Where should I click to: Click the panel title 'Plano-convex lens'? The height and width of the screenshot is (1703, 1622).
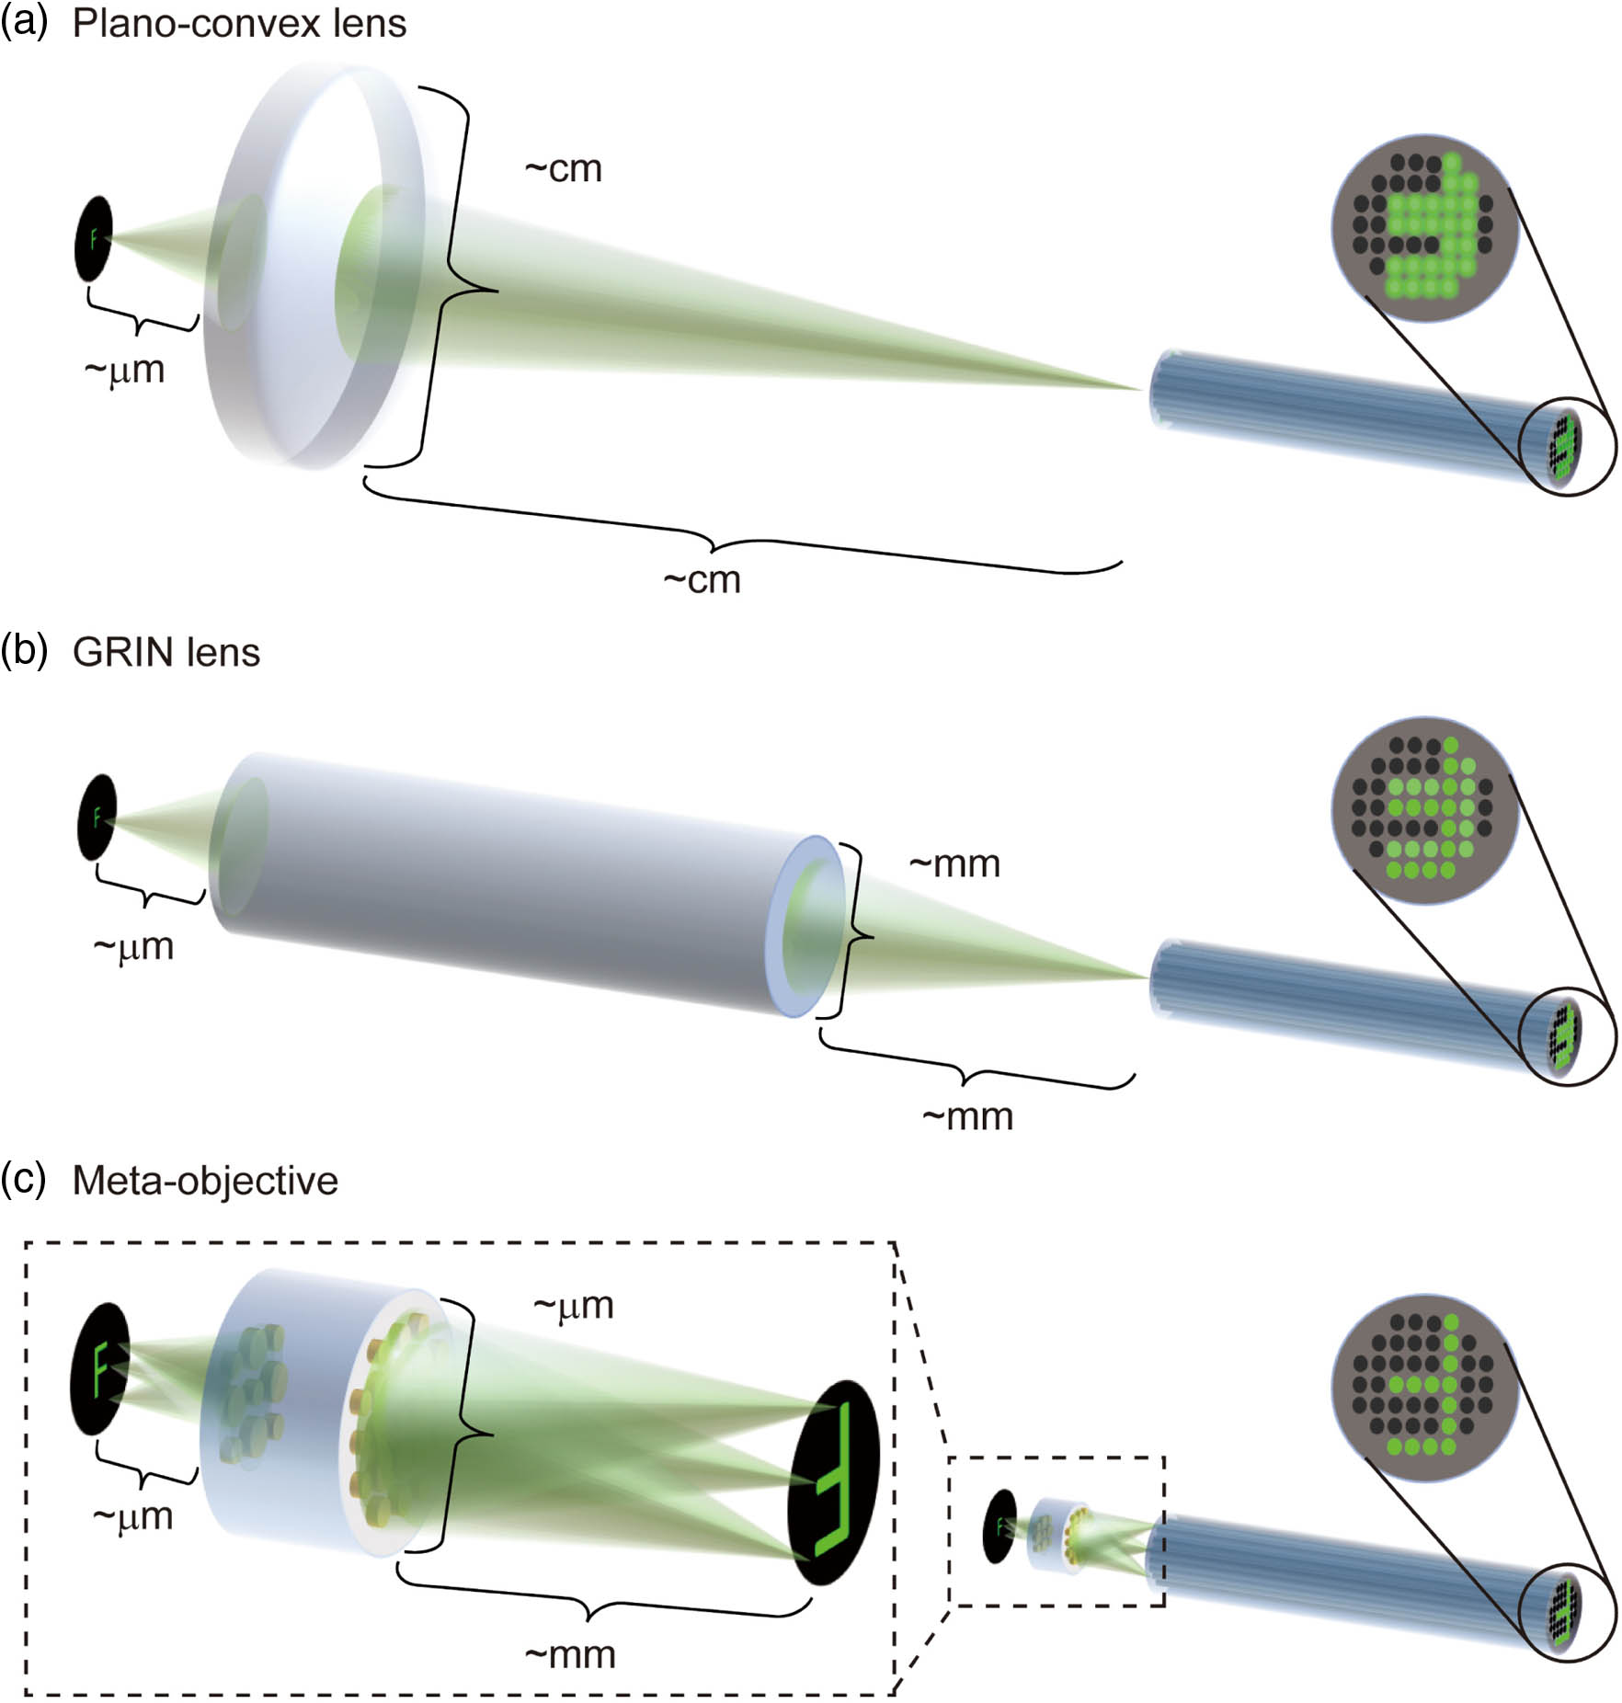click(x=239, y=24)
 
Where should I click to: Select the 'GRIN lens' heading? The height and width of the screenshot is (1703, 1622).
click(x=166, y=652)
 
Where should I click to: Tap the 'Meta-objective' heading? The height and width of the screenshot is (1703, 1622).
click(x=205, y=1180)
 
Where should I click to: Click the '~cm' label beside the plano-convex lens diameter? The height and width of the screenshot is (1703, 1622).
click(x=564, y=169)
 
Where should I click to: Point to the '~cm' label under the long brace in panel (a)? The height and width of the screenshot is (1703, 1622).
click(x=702, y=580)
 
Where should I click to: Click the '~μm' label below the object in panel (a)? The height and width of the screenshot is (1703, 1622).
click(x=124, y=371)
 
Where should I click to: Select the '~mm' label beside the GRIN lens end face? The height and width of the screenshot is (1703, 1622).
click(x=954, y=864)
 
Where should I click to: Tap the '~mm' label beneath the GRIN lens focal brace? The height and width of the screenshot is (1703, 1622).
click(x=967, y=1116)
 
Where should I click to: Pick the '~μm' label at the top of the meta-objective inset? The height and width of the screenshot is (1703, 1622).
click(x=573, y=1306)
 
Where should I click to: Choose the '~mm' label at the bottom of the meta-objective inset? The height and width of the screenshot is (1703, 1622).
click(x=570, y=1655)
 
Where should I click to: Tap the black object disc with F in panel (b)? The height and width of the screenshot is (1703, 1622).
click(x=97, y=817)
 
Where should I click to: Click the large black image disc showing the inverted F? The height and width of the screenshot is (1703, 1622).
click(x=835, y=1481)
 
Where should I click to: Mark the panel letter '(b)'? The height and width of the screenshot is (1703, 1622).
click(x=24, y=651)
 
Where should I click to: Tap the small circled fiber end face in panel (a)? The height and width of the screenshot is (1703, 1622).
click(x=1566, y=448)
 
